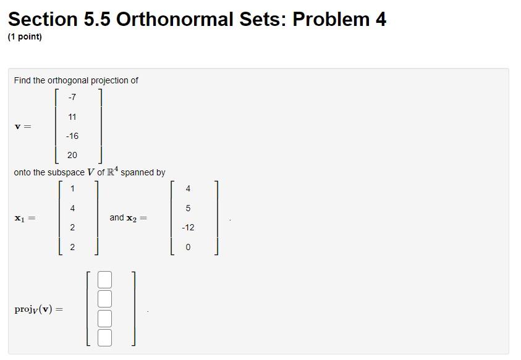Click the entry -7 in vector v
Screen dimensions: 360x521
(x=72, y=97)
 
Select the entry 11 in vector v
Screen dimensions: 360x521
(x=72, y=117)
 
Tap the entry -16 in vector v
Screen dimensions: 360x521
(x=72, y=136)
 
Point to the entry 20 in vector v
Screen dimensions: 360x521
(x=72, y=155)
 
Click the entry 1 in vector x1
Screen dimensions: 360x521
(x=72, y=188)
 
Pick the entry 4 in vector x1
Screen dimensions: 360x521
(x=72, y=208)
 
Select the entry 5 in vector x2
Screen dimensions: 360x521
(x=188, y=208)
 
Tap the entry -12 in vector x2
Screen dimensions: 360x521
(x=188, y=227)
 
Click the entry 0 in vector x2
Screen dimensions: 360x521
(x=188, y=247)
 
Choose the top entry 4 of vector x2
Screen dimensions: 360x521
(x=188, y=188)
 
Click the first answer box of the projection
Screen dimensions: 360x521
(x=104, y=280)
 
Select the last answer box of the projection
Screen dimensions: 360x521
(x=104, y=337)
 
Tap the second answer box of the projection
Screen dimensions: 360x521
(x=104, y=299)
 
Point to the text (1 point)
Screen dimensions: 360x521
(x=25, y=37)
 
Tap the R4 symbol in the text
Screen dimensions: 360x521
(x=112, y=171)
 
